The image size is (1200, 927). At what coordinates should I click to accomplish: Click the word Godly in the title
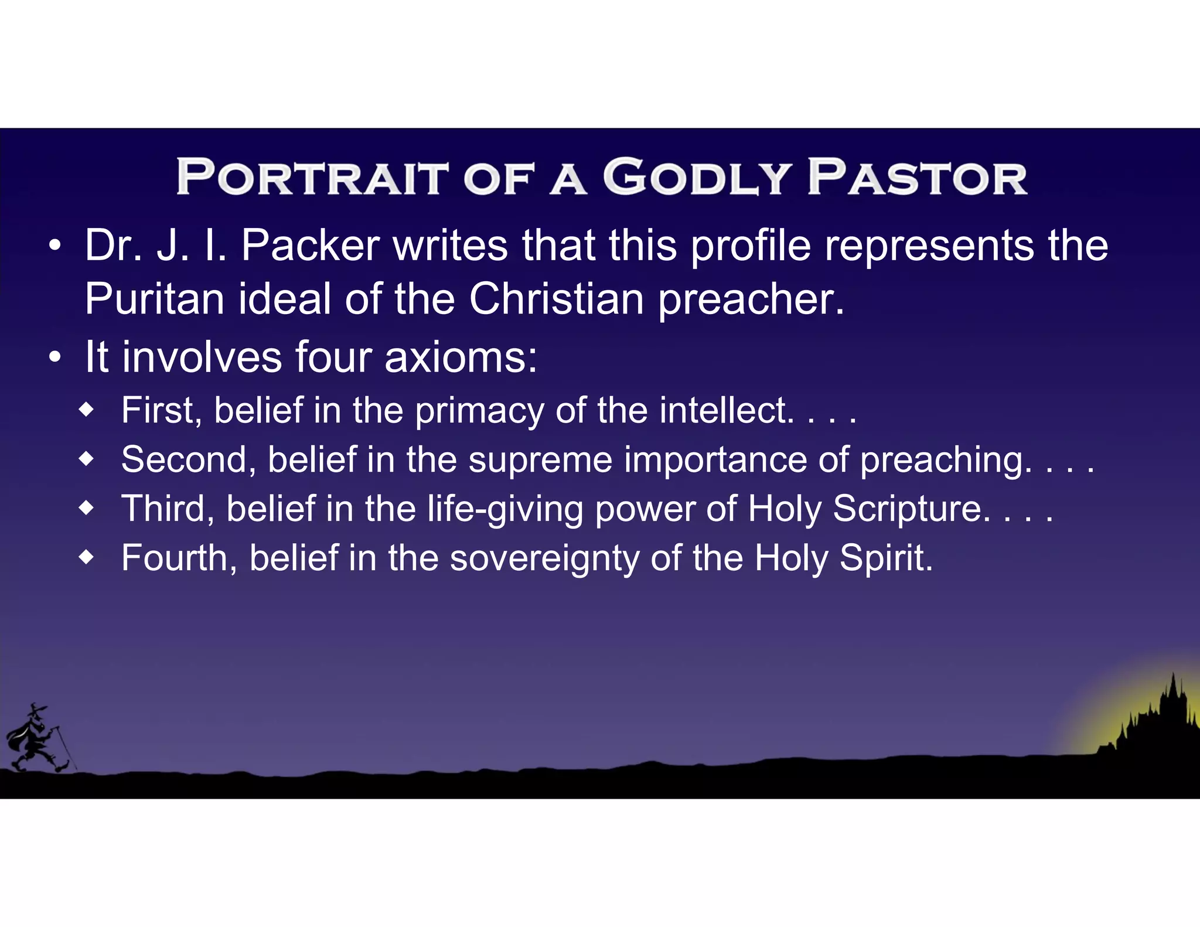coord(697,176)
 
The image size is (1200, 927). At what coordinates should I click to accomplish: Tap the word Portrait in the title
coord(312,176)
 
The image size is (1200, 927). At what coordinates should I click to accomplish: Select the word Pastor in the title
coord(917,176)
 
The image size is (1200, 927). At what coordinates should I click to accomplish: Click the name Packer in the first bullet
coord(311,245)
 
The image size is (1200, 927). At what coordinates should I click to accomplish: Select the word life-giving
coord(504,509)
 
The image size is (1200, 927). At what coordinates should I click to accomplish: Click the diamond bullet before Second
coord(87,459)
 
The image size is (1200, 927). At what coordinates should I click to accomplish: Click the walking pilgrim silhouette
coord(39,738)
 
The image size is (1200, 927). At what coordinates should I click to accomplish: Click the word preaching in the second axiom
coord(946,460)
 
